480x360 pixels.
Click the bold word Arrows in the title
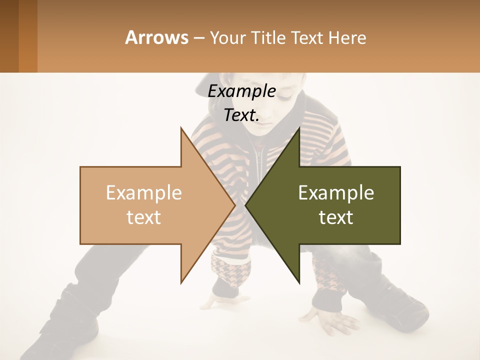point(156,37)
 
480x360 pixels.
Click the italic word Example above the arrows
point(241,91)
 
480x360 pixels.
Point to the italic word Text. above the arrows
point(241,115)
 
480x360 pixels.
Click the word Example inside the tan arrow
point(143,193)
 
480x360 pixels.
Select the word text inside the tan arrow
point(143,217)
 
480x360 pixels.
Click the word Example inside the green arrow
point(336,193)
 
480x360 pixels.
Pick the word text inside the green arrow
point(336,217)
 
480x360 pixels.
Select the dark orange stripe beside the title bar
point(28,36)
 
